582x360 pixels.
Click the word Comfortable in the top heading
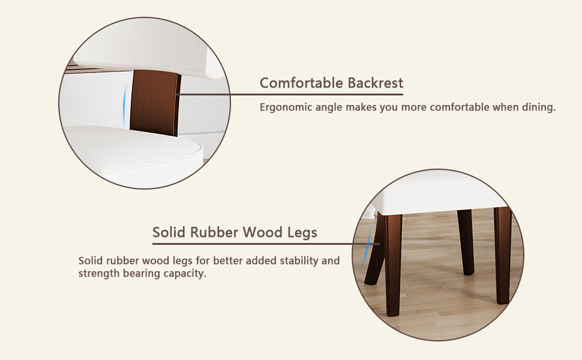pyautogui.click(x=302, y=83)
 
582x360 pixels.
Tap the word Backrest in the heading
pyautogui.click(x=375, y=83)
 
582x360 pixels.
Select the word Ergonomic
pyautogui.click(x=286, y=107)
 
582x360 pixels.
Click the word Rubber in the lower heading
pyautogui.click(x=214, y=232)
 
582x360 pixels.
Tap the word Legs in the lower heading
pyautogui.click(x=302, y=233)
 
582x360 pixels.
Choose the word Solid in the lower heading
pyautogui.click(x=169, y=232)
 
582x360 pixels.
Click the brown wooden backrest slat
pyautogui.click(x=155, y=102)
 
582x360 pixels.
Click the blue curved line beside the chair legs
pyautogui.click(x=367, y=248)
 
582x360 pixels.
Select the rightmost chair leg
pyautogui.click(x=503, y=256)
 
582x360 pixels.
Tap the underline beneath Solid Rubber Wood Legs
pyautogui.click(x=266, y=244)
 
